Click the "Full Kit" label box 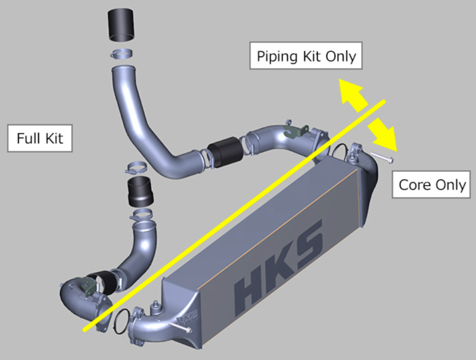[x=40, y=138]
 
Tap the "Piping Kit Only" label [x=306, y=55]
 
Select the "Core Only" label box [x=432, y=184]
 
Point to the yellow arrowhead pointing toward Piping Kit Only [x=351, y=92]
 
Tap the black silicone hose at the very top [x=121, y=24]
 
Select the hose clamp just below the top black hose [x=121, y=54]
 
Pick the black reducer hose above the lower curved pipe [x=140, y=191]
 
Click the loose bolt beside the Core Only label [x=382, y=157]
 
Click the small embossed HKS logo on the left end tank [x=187, y=316]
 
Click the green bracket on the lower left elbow [x=89, y=287]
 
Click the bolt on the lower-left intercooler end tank [x=179, y=327]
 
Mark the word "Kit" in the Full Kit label [x=54, y=138]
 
